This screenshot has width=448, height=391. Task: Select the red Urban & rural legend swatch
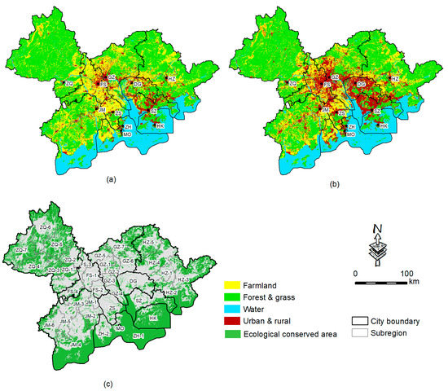coord(232,320)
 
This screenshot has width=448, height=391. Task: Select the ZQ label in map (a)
coord(69,83)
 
